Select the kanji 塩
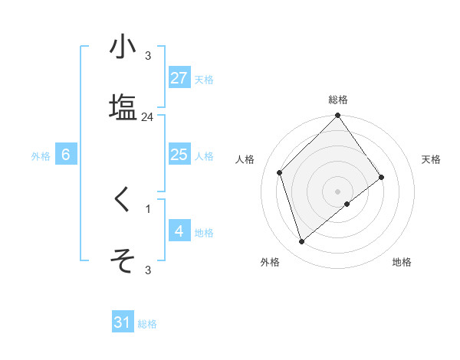tap(123, 106)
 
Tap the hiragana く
tap(123, 200)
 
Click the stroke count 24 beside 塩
tap(148, 117)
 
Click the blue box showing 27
tap(179, 79)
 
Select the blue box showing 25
tap(179, 155)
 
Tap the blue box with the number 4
tap(179, 231)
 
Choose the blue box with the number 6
tap(66, 155)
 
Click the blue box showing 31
tap(123, 323)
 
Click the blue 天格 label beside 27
tap(204, 80)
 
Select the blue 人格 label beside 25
tap(204, 156)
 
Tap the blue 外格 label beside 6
tap(41, 156)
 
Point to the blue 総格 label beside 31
tap(147, 324)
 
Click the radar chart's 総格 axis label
tap(338, 100)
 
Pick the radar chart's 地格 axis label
tap(402, 263)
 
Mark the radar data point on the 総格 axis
tap(338, 116)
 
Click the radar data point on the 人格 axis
tap(280, 172)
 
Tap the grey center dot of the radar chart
tap(338, 191)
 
